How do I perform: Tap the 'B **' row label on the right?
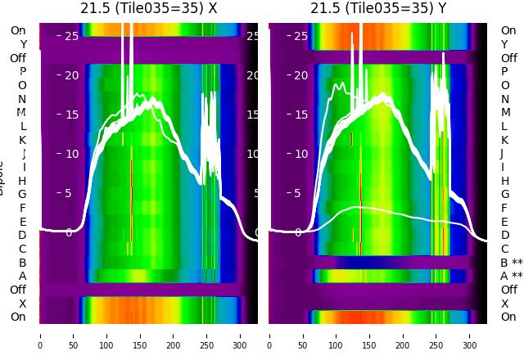click(511, 263)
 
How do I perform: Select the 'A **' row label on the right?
click(511, 277)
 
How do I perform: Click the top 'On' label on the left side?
click(18, 31)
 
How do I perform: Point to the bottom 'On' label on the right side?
click(508, 317)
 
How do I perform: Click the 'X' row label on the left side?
click(23, 304)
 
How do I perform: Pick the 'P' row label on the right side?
click(504, 72)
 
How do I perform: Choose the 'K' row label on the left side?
click(23, 140)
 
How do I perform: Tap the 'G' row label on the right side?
click(504, 195)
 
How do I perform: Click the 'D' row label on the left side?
click(23, 236)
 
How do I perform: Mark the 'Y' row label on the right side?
click(504, 45)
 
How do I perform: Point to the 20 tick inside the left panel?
click(72, 75)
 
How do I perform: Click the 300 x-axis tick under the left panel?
click(241, 335)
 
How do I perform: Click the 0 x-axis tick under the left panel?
click(40, 335)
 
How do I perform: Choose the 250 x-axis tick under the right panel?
click(436, 335)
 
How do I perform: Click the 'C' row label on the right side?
click(504, 250)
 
